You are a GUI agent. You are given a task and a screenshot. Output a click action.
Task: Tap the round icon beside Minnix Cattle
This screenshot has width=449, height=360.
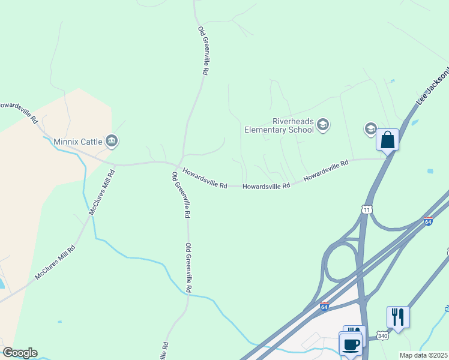pos(112,141)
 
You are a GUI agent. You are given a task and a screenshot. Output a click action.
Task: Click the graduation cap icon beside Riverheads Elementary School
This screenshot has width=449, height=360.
pos(323,125)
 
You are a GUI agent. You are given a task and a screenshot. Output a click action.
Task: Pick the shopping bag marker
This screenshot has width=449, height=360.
pos(387,140)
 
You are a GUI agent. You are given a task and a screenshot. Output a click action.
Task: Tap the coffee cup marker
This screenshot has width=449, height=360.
pos(351,344)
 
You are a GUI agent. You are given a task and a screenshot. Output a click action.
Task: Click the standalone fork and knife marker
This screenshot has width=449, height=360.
pos(398,317)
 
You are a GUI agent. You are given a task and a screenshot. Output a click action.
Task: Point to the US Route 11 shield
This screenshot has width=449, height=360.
pos(367,209)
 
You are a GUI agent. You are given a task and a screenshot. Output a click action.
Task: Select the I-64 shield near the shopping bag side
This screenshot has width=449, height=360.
pos(428,221)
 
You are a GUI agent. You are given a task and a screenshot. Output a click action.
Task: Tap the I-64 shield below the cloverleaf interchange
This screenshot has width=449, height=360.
pos(324,307)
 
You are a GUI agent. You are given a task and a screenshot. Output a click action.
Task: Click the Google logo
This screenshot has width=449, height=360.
pos(20,353)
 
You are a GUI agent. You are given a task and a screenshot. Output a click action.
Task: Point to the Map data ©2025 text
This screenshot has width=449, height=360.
pos(424,355)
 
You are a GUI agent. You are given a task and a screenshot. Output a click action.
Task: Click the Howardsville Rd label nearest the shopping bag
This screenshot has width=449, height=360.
pos(326,170)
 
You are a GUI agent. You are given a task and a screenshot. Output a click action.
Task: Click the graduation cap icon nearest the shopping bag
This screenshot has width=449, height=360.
pos(371,128)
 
